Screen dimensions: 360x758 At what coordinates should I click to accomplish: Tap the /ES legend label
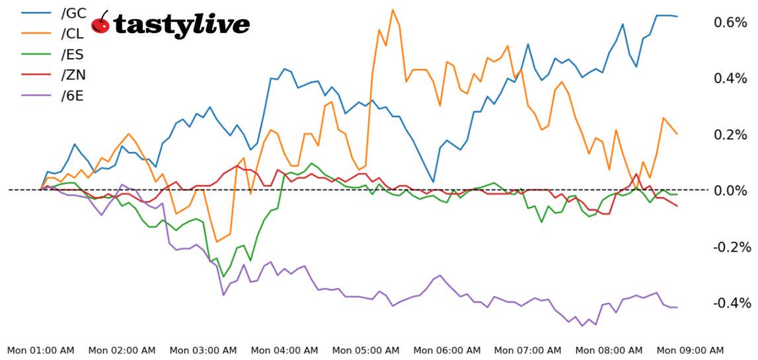73,54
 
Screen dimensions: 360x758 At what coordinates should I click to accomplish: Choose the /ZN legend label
73,75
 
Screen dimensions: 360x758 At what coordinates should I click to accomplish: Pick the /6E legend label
73,96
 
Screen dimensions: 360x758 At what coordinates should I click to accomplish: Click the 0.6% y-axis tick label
730,22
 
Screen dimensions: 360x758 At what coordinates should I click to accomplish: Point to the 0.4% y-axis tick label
730,79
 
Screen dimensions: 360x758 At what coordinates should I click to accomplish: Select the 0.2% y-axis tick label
730,135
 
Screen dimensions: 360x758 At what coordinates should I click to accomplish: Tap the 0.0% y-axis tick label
730,191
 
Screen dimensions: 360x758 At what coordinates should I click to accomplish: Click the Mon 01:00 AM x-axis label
41,350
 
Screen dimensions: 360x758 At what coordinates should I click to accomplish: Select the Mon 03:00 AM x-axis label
204,350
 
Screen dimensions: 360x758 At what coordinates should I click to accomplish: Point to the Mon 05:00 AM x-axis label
366,350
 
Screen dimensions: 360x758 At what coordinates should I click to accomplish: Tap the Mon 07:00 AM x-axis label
528,350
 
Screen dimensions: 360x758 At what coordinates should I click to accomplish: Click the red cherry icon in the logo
100,24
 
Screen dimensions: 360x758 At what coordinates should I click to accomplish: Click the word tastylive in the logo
181,25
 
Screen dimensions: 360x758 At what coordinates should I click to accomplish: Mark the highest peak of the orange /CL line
393,10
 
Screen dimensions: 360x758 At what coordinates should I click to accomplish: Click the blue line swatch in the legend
36,12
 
